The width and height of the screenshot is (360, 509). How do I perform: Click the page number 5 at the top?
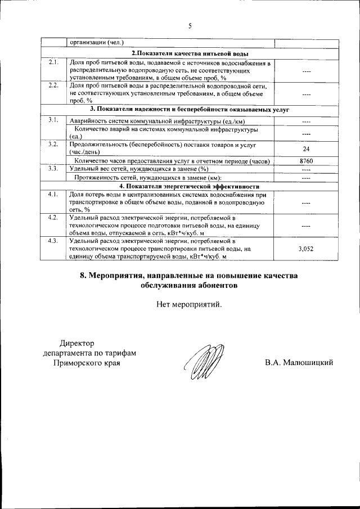coord(190,26)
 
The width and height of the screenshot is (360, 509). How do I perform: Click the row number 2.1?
coord(53,62)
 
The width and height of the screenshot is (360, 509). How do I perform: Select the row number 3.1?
coord(53,119)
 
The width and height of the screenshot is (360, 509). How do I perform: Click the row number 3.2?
coord(53,145)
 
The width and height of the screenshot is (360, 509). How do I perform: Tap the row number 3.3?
coord(53,168)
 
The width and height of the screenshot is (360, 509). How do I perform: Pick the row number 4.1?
coord(53,194)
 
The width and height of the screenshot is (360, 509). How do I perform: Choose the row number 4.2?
coord(53,217)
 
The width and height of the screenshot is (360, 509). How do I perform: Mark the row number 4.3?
coord(53,241)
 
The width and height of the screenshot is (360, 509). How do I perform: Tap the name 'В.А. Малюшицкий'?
coord(299,363)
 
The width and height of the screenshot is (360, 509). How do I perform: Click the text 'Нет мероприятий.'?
coord(189,305)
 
